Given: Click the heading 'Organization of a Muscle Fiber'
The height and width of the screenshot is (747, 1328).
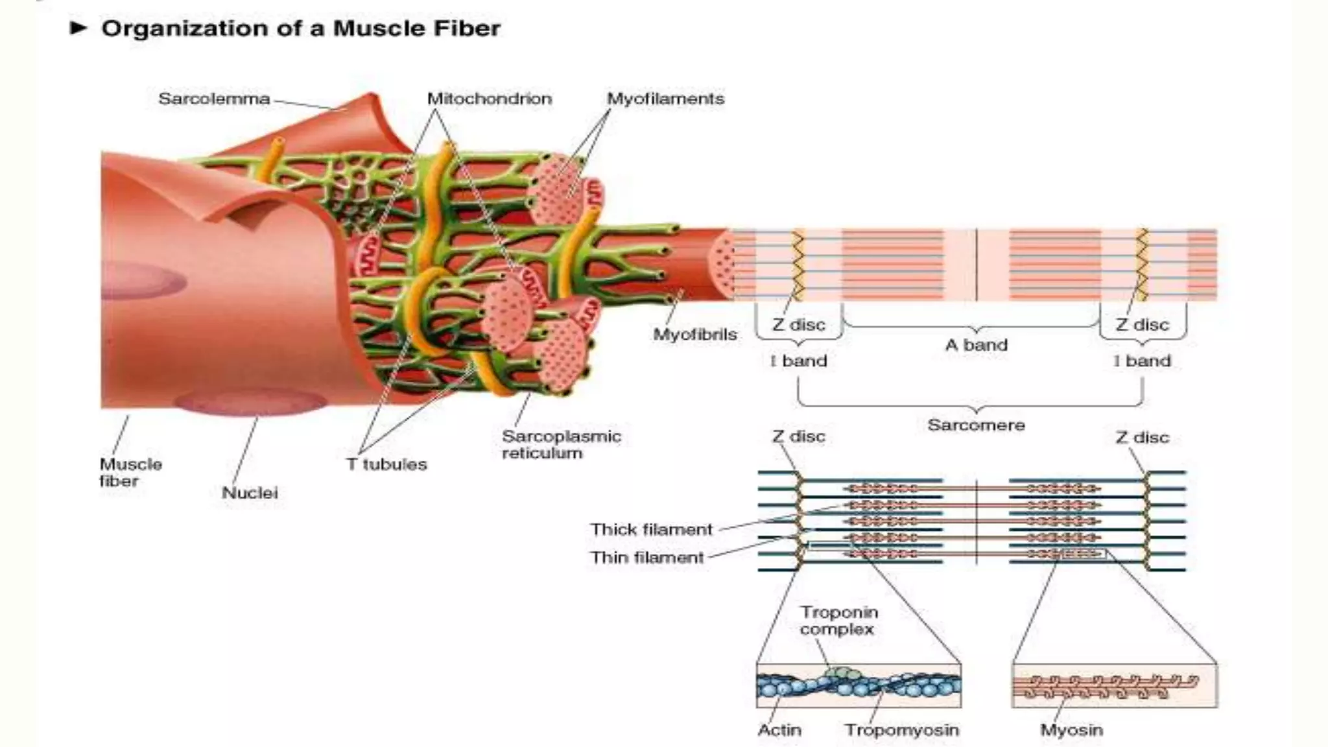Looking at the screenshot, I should click(x=301, y=29).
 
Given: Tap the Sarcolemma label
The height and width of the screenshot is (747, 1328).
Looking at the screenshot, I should click(x=214, y=99).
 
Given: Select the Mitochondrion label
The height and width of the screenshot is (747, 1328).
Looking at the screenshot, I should click(x=489, y=99).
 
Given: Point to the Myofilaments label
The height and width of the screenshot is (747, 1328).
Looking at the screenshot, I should click(x=665, y=99).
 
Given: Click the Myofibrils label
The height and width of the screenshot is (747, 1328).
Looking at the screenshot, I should click(x=695, y=335).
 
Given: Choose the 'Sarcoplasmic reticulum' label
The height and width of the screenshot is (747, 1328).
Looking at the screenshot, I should click(x=562, y=445).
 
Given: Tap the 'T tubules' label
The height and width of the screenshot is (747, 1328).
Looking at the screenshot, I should click(x=386, y=464).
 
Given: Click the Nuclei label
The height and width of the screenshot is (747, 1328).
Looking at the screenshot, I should click(x=250, y=493).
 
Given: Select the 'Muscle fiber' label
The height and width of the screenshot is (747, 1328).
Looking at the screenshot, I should click(x=130, y=473).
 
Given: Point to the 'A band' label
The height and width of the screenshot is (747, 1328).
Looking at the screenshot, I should click(x=976, y=345).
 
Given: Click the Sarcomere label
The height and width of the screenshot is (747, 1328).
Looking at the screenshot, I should click(x=976, y=425).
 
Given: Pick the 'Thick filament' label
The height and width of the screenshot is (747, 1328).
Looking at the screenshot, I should click(x=651, y=530).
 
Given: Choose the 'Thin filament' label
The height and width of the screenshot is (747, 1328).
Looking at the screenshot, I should click(x=646, y=558).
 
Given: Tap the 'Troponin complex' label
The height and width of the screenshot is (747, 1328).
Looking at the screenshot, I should click(x=838, y=621).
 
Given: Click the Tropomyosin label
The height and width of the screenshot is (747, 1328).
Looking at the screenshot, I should click(x=901, y=730).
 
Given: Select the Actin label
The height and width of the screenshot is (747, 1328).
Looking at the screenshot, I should click(x=779, y=730).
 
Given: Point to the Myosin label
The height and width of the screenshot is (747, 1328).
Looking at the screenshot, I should click(x=1071, y=730).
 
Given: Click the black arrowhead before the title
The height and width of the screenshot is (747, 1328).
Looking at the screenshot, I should click(x=78, y=28).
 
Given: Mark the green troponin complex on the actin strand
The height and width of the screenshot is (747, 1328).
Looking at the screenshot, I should click(x=838, y=674).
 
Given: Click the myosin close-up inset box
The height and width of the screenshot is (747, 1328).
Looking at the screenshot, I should click(x=1114, y=686).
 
